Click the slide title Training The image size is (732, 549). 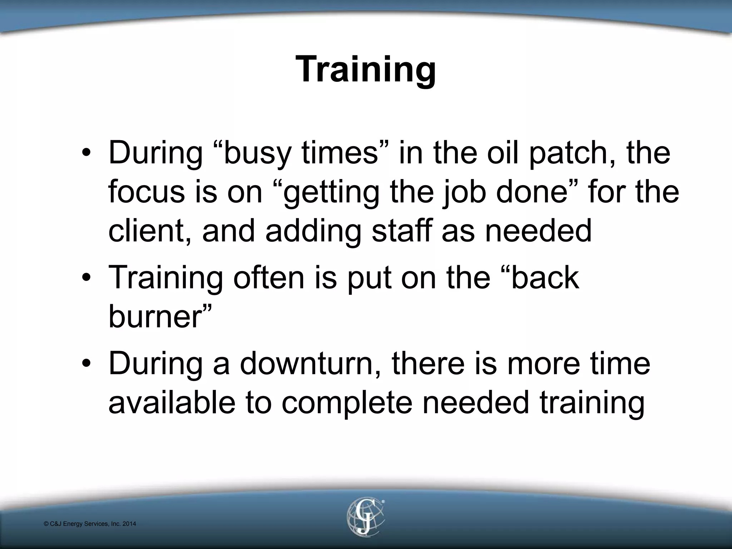pyautogui.click(x=366, y=69)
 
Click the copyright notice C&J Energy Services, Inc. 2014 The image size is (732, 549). pyautogui.click(x=90, y=524)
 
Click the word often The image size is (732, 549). pyautogui.click(x=268, y=278)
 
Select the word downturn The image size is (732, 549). pyautogui.click(x=310, y=364)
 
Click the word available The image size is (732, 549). pyautogui.click(x=172, y=402)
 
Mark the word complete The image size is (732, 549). pyautogui.click(x=346, y=403)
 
